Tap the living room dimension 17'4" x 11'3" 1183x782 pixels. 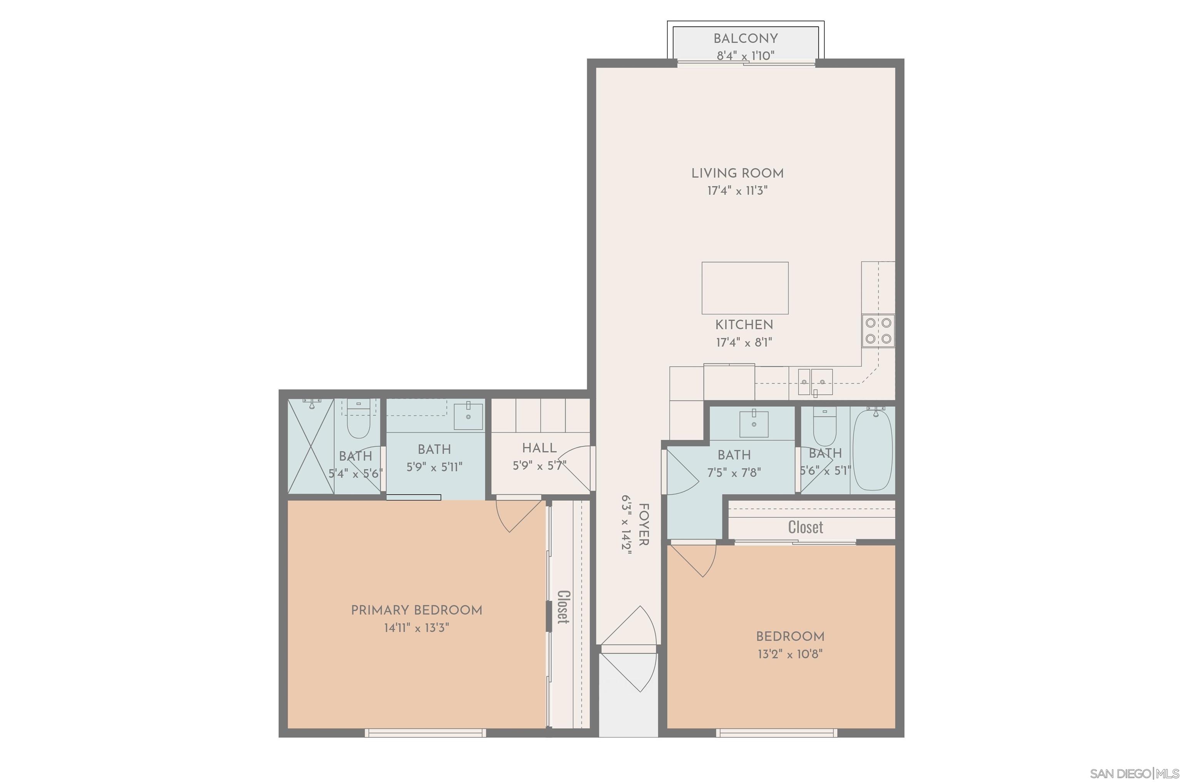click(737, 190)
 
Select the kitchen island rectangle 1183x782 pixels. click(744, 288)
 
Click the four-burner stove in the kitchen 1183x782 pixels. click(878, 331)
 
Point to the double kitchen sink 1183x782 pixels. click(814, 382)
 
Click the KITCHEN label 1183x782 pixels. click(744, 325)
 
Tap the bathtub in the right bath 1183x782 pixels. click(873, 449)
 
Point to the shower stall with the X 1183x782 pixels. click(311, 446)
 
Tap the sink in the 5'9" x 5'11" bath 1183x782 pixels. click(468, 416)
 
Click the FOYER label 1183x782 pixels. click(643, 524)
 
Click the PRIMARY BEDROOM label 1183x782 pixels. click(416, 610)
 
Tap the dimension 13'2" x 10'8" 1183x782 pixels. click(789, 654)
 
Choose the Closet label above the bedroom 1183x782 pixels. click(805, 527)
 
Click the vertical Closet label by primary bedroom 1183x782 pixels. click(563, 607)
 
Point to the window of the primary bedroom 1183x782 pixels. click(425, 733)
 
